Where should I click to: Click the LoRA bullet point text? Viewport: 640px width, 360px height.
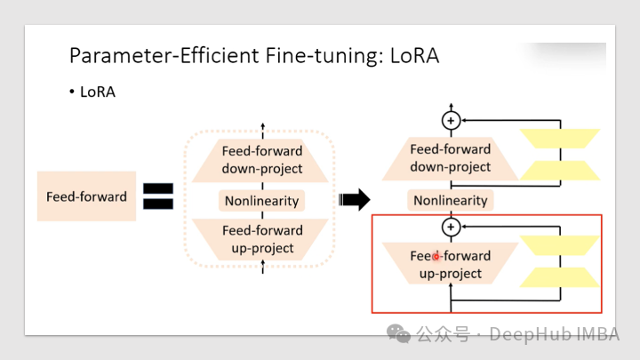(97, 92)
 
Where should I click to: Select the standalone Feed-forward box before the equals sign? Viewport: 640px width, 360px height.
(86, 196)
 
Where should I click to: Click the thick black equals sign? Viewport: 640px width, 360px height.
(157, 196)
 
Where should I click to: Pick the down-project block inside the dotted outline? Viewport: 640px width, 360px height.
(262, 160)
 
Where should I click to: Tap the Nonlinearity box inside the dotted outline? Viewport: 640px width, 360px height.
(262, 201)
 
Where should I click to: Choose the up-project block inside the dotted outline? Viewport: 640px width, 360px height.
(262, 239)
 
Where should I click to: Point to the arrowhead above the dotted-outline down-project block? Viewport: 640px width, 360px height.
(262, 128)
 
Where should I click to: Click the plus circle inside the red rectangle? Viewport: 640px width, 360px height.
(451, 228)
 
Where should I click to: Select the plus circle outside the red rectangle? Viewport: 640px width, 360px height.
(451, 120)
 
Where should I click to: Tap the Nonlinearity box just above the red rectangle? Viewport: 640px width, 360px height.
(451, 200)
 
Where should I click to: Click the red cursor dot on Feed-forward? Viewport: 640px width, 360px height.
(436, 256)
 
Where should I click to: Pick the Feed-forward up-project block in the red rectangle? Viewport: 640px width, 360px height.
(451, 264)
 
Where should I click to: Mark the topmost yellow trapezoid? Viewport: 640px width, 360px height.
(559, 138)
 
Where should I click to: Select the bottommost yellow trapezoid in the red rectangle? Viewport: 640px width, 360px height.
(559, 277)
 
